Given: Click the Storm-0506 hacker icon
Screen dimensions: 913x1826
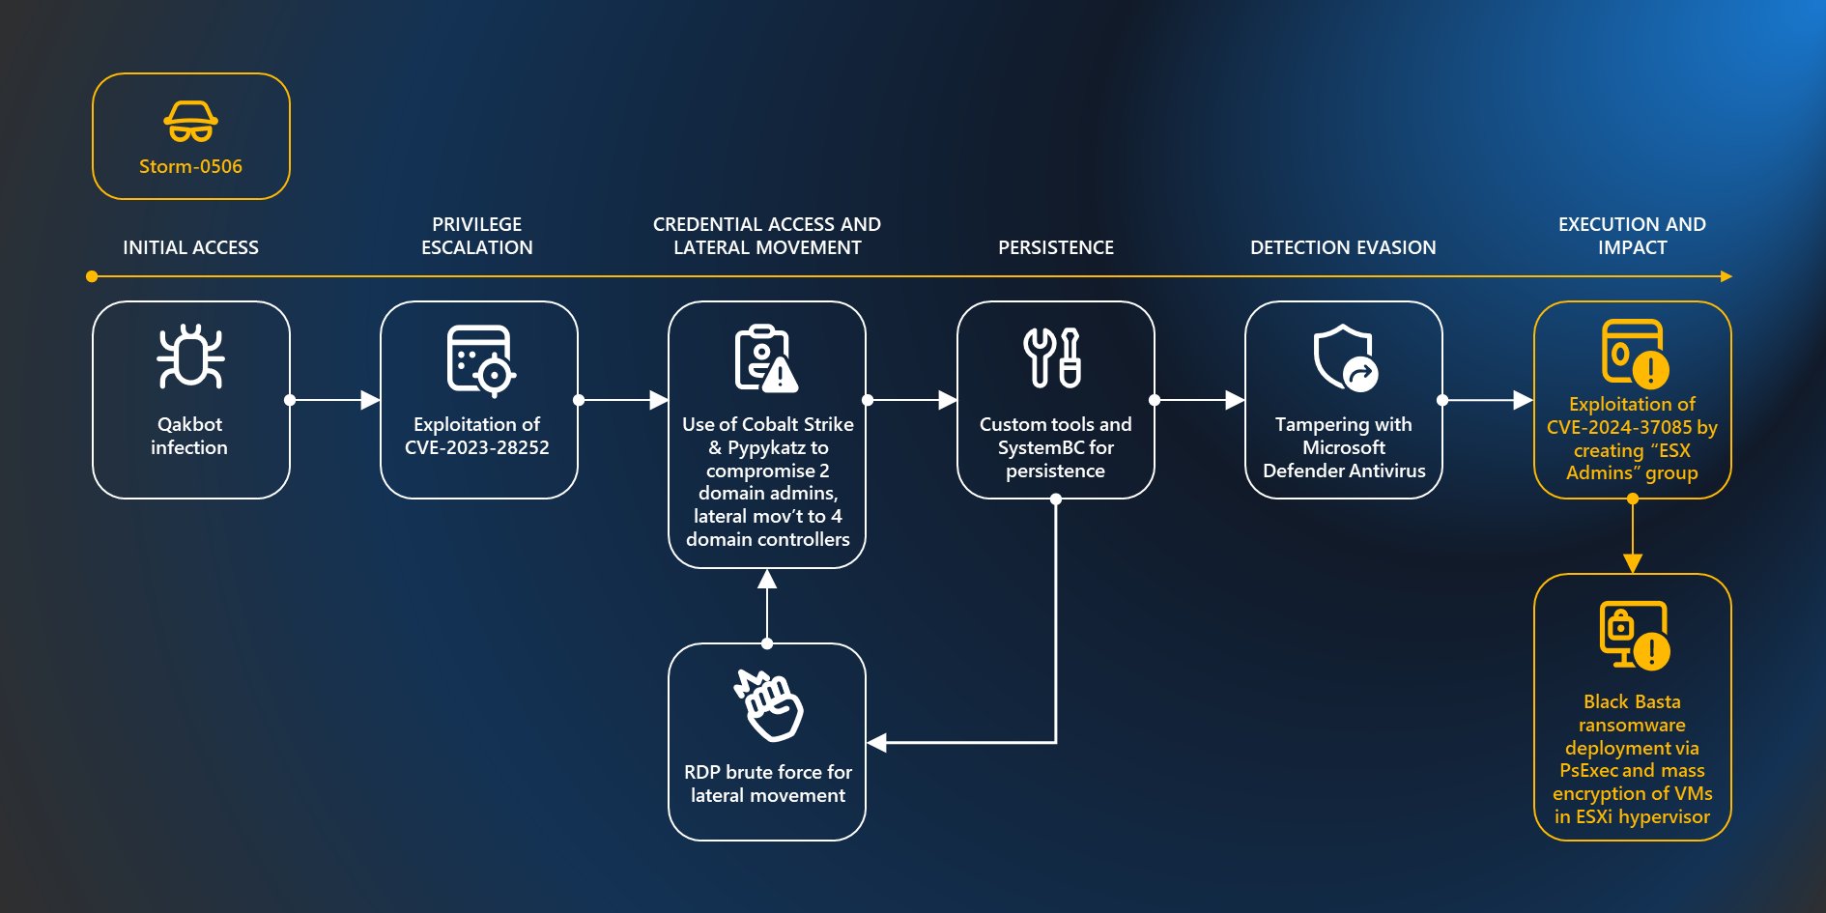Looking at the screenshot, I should coord(190,122).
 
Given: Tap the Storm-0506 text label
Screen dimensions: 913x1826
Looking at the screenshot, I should coord(190,166).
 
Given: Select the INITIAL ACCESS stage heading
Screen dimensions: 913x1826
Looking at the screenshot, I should coord(190,247).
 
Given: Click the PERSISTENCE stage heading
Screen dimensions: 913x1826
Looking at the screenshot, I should coord(1055,247).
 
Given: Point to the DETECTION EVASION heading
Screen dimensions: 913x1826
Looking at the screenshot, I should coord(1342,247).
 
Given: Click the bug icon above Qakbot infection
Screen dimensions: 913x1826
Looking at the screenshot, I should coord(190,357).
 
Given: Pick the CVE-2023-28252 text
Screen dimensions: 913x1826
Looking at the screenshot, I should coord(476,447).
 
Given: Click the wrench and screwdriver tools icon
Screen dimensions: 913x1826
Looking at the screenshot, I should coord(1052,357).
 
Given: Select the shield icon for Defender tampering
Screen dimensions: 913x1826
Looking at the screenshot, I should coord(1345,357).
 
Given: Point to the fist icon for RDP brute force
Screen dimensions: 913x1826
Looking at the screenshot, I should coord(769,705).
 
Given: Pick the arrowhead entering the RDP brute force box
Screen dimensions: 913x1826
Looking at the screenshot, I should coord(877,743).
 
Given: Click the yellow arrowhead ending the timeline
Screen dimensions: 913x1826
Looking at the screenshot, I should coord(1726,276).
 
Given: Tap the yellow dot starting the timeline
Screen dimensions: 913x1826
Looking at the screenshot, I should coord(92,276).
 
